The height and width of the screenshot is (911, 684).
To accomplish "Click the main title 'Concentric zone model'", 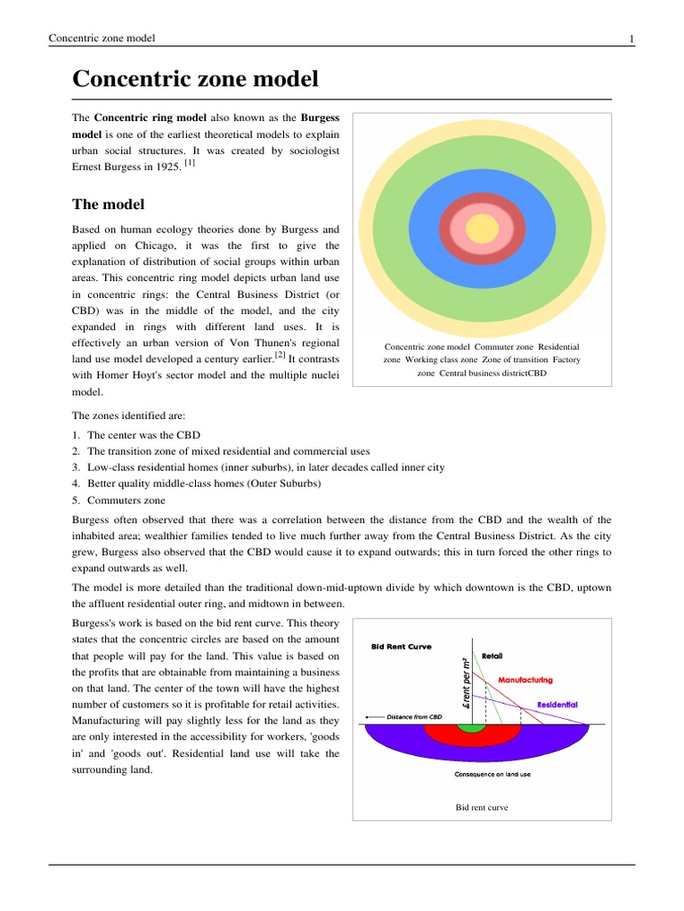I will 194,78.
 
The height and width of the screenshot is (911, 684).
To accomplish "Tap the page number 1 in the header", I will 631,37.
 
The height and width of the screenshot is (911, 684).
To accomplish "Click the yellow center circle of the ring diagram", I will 482,228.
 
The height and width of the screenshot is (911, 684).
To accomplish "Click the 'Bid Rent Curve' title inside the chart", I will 401,647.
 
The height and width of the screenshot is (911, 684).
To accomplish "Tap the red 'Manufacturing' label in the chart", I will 525,680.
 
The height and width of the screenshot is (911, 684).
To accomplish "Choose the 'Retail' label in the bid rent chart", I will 492,656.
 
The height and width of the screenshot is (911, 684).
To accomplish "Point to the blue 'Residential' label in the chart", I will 557,705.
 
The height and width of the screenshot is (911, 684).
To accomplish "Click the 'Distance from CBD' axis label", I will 411,716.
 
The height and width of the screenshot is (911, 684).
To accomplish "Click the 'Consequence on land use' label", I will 493,774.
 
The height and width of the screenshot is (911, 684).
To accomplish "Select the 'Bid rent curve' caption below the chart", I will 482,808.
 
